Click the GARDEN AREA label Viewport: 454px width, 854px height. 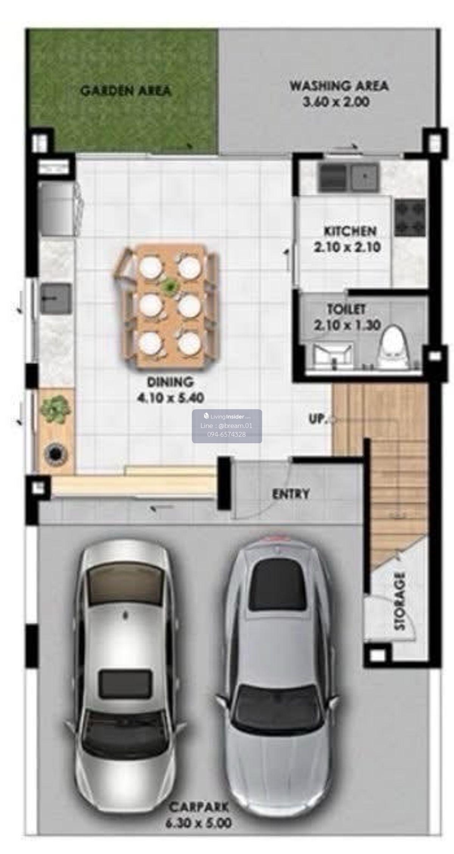point(126,91)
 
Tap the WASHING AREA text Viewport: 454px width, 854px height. point(339,86)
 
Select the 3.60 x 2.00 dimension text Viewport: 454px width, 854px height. point(336,102)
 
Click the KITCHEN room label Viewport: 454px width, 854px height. point(350,231)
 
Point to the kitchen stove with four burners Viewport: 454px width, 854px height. point(410,218)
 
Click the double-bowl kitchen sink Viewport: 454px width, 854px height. point(348,177)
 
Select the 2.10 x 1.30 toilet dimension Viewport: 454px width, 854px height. point(347,325)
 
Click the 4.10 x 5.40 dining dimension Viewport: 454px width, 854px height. point(170,397)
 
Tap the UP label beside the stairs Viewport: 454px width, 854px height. point(317,419)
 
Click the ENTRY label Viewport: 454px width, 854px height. point(291,494)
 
